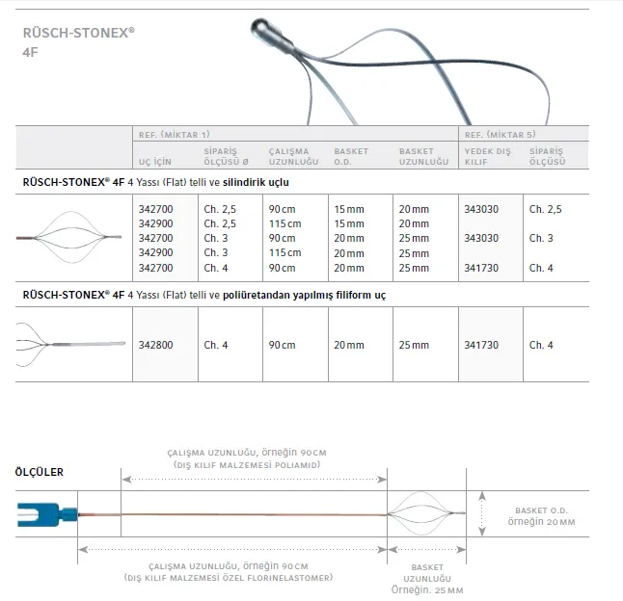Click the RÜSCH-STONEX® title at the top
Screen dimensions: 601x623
[78, 31]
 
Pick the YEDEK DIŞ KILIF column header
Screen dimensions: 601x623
[486, 157]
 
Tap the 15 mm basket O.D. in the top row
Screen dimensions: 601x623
[347, 209]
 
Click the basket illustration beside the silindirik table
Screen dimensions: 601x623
[72, 238]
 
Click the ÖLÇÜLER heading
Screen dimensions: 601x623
[38, 472]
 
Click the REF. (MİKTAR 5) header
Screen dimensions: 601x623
[501, 136]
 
